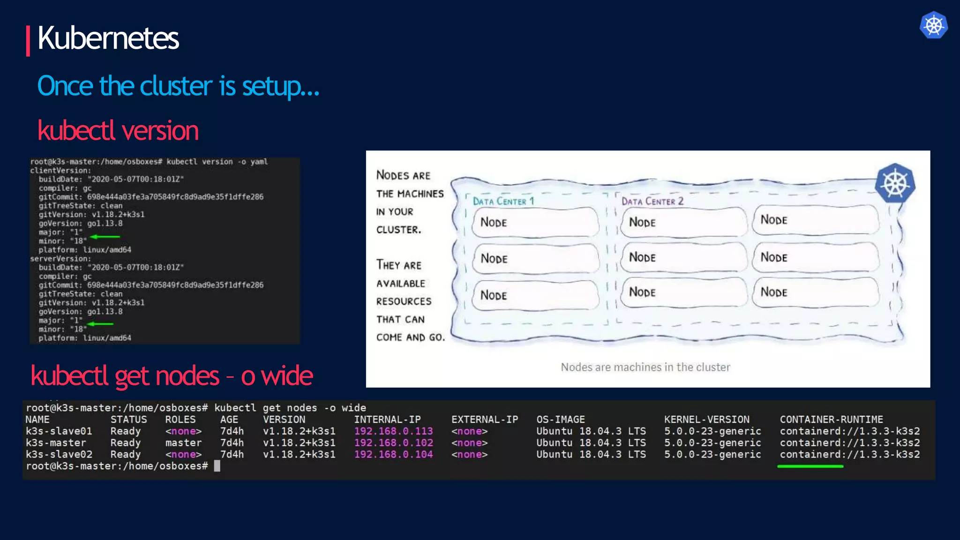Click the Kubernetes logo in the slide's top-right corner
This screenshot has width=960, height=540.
tap(933, 25)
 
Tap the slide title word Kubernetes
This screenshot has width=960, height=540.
tap(108, 38)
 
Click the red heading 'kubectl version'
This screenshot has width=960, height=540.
tap(118, 131)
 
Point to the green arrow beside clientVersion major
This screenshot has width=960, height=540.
tap(105, 236)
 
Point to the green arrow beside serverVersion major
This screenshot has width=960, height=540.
tap(100, 323)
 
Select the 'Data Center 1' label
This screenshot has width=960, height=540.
tap(503, 201)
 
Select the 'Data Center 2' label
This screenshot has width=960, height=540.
tap(652, 201)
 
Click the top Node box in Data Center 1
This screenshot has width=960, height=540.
tap(535, 222)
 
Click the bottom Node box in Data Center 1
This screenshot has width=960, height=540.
tap(535, 295)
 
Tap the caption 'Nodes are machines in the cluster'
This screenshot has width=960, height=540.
tap(645, 367)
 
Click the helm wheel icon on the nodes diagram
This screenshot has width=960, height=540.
tap(895, 183)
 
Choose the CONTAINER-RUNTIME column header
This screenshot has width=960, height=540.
tap(831, 420)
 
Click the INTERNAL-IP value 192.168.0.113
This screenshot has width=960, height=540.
tap(393, 431)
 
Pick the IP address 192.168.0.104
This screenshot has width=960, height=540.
tap(393, 454)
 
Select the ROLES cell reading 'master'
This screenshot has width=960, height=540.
tap(183, 443)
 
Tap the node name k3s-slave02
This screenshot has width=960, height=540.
tap(59, 454)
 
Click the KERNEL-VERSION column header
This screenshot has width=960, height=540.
tap(706, 420)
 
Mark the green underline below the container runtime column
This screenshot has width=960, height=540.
tap(810, 466)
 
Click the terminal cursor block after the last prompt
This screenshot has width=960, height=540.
tap(217, 466)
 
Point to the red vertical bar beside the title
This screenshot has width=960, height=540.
tap(28, 41)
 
